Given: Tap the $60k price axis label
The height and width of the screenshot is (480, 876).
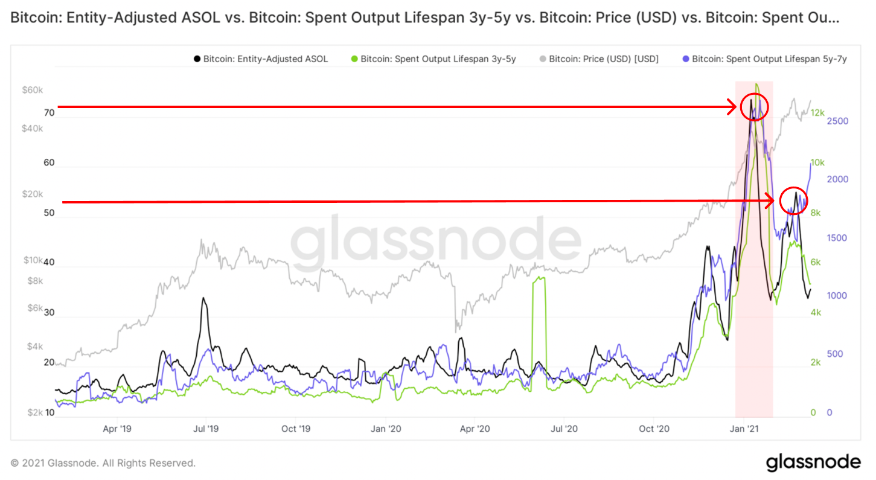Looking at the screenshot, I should [32, 91].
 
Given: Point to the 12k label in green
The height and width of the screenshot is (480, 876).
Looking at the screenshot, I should [818, 113].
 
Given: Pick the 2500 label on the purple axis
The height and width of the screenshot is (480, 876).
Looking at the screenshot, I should [838, 121].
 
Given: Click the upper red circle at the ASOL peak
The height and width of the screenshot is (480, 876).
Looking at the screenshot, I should [754, 107].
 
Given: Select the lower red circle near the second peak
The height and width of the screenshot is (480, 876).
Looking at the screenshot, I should [793, 200].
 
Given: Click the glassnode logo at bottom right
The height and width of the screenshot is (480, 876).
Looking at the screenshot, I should [813, 462].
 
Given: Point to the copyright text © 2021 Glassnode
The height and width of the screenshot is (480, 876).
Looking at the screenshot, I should [103, 463].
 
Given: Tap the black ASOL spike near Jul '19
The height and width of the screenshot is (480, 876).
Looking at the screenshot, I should [204, 299].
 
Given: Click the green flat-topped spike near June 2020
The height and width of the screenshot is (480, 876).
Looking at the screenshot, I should [539, 279].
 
